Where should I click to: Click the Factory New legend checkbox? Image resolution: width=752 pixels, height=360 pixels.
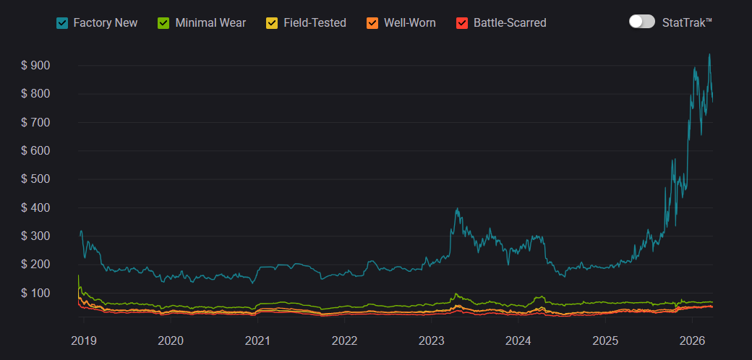[62, 23]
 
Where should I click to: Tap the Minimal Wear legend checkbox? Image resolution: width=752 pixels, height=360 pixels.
[164, 23]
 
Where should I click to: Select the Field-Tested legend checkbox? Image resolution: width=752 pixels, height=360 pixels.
[272, 23]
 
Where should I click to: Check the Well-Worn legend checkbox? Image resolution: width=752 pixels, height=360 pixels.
[372, 23]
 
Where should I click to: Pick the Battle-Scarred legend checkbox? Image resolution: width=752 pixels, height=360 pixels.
[462, 23]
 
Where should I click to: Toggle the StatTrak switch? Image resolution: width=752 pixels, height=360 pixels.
[641, 22]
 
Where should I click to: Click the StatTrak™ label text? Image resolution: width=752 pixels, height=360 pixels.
[687, 22]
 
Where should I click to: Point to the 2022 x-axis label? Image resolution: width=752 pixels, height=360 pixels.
[344, 340]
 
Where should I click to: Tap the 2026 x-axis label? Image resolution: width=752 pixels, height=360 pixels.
[693, 340]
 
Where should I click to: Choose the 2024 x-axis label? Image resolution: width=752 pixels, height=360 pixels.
[518, 340]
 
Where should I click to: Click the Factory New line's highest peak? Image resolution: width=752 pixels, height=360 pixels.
[709, 54]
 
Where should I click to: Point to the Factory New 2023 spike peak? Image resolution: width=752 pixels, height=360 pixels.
[457, 209]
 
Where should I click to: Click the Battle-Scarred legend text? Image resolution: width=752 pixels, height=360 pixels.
[510, 23]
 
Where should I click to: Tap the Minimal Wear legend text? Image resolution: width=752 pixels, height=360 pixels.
[210, 23]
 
